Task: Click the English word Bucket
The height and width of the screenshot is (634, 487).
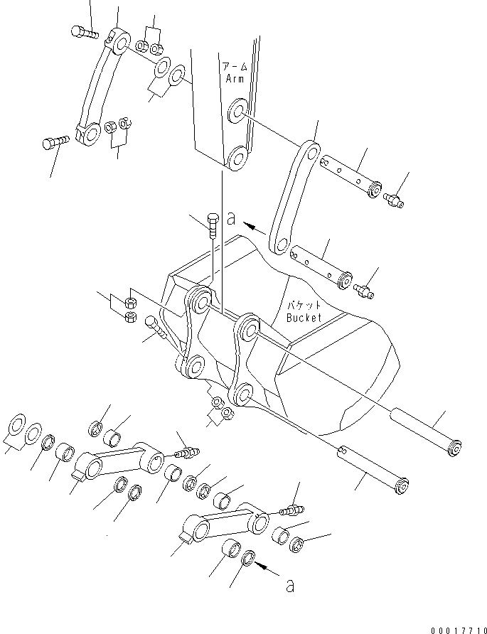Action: click(x=304, y=317)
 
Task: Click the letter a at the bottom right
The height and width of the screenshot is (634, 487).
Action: click(x=288, y=587)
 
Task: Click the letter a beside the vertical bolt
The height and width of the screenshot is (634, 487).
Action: click(x=231, y=220)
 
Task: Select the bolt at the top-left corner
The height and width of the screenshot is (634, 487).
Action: click(x=83, y=31)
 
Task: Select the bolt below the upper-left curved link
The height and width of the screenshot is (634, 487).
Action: click(x=54, y=142)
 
